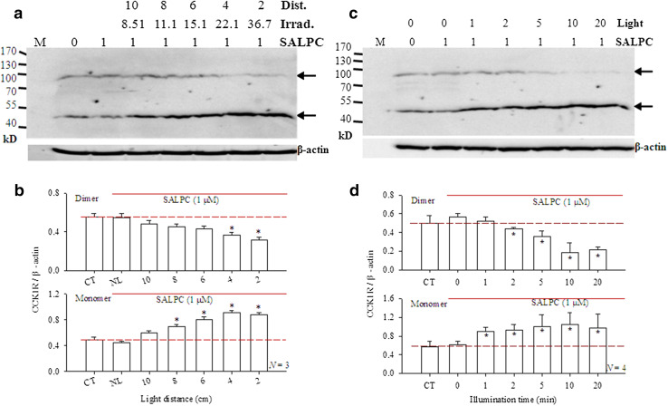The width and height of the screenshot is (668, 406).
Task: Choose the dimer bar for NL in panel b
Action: [x=120, y=244]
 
